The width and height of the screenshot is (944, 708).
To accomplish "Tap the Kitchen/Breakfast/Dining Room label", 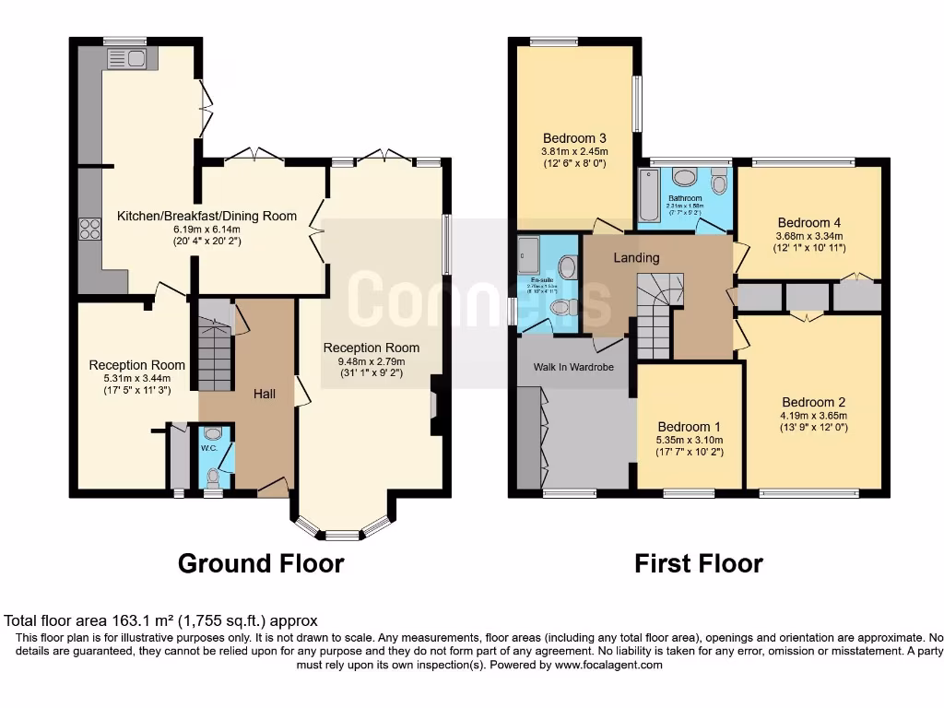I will click(x=206, y=217).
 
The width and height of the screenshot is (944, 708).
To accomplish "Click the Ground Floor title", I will click(x=261, y=563).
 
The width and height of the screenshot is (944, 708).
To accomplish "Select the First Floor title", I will click(x=698, y=563).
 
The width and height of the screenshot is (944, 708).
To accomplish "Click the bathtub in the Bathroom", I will click(x=648, y=195).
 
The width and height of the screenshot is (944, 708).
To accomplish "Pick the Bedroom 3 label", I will click(x=574, y=138).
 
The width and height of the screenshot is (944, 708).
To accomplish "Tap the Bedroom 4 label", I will click(x=808, y=222).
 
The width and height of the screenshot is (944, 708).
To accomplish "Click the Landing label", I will click(x=636, y=257).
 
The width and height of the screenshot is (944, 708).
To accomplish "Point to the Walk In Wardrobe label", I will click(x=573, y=367).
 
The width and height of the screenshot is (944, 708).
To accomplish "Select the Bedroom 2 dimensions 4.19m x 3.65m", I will click(x=813, y=416).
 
